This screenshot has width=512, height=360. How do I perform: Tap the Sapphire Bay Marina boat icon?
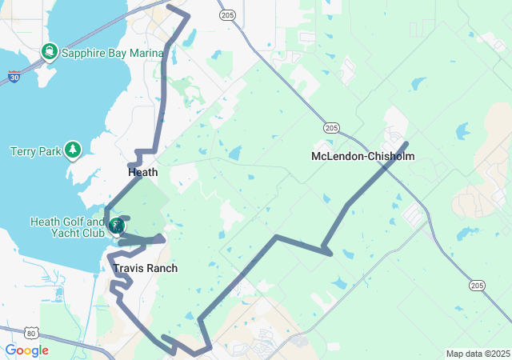(x=50, y=52)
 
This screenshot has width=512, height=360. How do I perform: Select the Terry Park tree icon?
(x=73, y=150)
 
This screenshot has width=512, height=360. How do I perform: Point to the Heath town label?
(x=142, y=172)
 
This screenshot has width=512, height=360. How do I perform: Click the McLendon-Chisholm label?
(x=362, y=156)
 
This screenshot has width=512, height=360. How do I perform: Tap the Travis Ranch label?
(x=145, y=268)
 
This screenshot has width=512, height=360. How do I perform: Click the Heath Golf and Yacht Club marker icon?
(x=117, y=226)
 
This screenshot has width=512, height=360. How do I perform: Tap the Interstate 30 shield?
(x=14, y=77)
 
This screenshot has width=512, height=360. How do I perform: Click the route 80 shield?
(x=30, y=332)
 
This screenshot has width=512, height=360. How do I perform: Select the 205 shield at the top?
(x=227, y=14)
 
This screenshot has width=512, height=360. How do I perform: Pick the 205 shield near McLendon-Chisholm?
(x=332, y=127)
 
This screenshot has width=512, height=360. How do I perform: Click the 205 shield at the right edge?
(x=478, y=285)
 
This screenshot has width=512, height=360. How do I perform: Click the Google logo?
(x=26, y=350)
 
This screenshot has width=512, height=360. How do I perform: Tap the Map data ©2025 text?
(x=477, y=354)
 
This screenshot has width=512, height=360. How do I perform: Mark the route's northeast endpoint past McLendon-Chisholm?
(x=408, y=143)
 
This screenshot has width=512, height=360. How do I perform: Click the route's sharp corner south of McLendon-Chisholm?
(x=330, y=254)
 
